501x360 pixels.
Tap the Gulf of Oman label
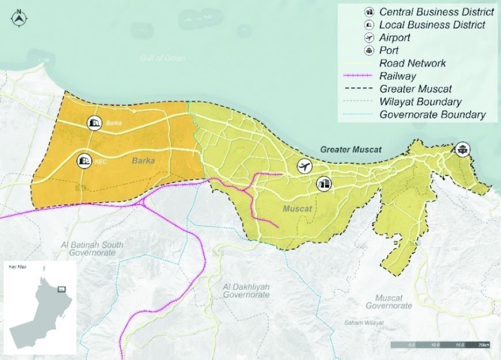pos(162,58)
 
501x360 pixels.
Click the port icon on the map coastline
pos(462,149)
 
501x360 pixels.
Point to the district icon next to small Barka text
pos(94,122)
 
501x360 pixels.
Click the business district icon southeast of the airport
pos(324,184)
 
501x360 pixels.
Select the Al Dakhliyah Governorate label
pos(246,290)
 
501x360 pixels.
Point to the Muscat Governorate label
pos(389,301)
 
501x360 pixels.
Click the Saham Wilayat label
pos(364,323)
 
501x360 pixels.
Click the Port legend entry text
pos(389,50)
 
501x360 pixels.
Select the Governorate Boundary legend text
pos(432,115)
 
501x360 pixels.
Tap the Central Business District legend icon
pos(369,12)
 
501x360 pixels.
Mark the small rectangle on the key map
pos(62,289)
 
